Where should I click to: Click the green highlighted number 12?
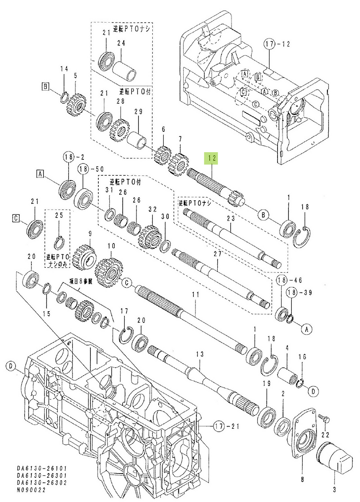[212, 158]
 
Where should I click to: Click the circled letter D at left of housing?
[10, 367]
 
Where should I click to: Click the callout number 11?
[194, 295]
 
